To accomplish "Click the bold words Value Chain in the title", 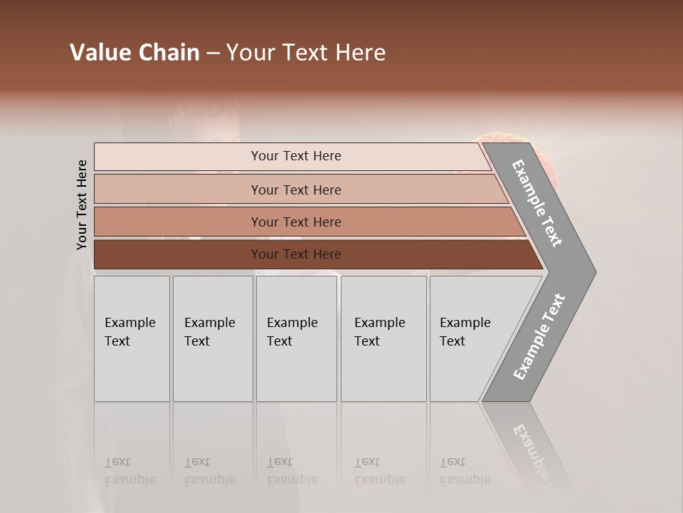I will (134, 53).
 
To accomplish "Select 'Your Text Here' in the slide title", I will (306, 53).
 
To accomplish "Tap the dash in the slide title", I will (213, 53).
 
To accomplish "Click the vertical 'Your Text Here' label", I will (82, 204).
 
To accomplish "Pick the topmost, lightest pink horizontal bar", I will (295, 156).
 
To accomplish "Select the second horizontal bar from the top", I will (295, 190).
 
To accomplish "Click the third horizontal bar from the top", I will (295, 222).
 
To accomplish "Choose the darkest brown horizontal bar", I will (295, 254).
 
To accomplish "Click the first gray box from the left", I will (132, 338).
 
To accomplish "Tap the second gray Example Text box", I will (212, 338).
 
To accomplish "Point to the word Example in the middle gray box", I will (292, 323).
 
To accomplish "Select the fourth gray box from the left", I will (383, 338).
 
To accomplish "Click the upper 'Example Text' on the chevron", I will (537, 203).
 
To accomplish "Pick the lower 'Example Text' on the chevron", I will (539, 337).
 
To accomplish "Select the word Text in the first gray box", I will (117, 341).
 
